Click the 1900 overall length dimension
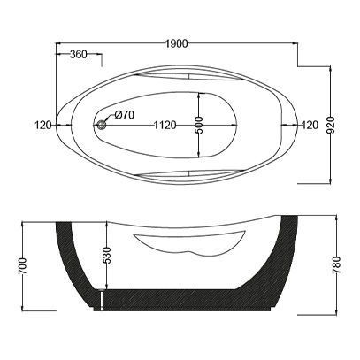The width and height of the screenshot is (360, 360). coord(176,43)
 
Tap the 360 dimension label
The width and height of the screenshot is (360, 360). coord(79,54)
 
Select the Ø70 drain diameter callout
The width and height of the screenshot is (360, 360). coord(125,115)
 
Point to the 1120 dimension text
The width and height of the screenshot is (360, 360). coord(165,125)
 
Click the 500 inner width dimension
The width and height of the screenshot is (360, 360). coord(199,125)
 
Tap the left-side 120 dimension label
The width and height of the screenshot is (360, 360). coord(43,125)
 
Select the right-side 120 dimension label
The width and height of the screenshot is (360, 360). coord(310,125)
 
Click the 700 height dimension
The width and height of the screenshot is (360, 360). coord(23,266)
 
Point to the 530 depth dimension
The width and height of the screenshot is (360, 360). coord(107,255)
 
